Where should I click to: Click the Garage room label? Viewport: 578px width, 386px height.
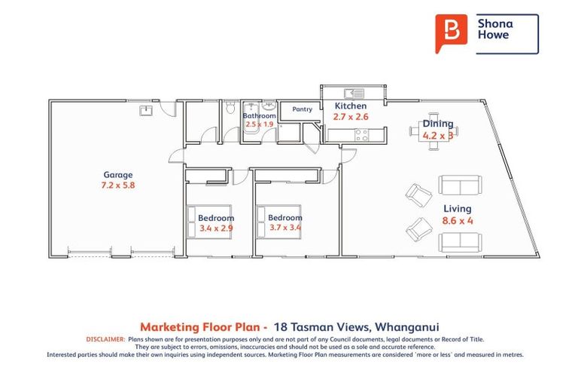click(118, 175)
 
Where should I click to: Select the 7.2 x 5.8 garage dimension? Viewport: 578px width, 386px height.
click(118, 185)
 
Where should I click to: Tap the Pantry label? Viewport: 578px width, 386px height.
click(302, 109)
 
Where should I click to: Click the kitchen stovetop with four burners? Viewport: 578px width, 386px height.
click(360, 136)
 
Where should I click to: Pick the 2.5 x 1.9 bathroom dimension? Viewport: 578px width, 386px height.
click(260, 124)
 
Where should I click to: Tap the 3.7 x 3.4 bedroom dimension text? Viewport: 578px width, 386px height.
click(284, 228)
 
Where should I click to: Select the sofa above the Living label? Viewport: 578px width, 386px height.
click(459, 185)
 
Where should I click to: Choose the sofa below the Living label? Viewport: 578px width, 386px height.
click(459, 241)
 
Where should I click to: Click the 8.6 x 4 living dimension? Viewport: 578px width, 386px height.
click(458, 221)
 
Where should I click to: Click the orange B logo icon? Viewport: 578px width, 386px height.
click(452, 32)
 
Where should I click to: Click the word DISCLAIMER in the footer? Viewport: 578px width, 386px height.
click(105, 339)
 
